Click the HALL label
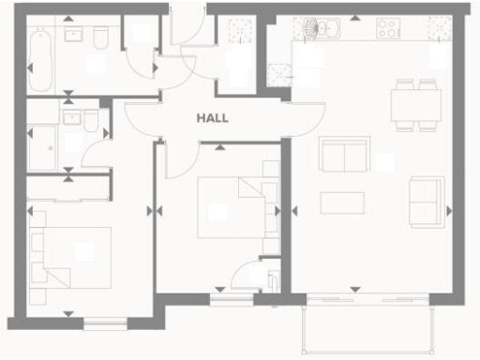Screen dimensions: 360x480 point(213,119)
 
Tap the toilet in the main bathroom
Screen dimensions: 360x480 point(99,36)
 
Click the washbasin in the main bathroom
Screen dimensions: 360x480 point(73,34)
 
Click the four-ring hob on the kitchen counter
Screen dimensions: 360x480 point(390,29)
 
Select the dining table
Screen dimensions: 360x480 point(416,104)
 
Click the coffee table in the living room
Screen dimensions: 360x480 point(342,202)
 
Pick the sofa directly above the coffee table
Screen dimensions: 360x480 point(344,154)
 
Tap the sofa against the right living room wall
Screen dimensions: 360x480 point(427,200)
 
